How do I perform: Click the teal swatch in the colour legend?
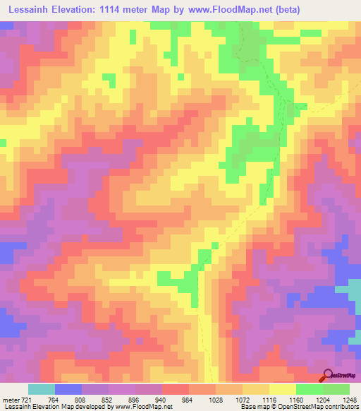[x=41, y=389]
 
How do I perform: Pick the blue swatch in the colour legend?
[x=68, y=389]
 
